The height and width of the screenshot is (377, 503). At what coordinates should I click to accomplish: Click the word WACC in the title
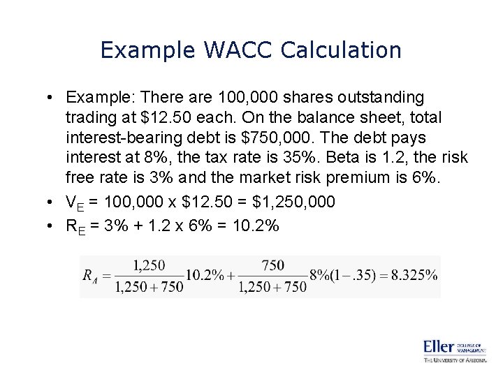[x=238, y=50]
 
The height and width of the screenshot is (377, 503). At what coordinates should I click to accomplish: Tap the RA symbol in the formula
[x=91, y=276]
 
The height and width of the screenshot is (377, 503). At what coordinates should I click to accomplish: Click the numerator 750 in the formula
[x=272, y=265]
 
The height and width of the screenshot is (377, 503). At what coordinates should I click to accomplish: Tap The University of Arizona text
[x=454, y=360]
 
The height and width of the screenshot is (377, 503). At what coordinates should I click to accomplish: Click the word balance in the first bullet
[x=316, y=117]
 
